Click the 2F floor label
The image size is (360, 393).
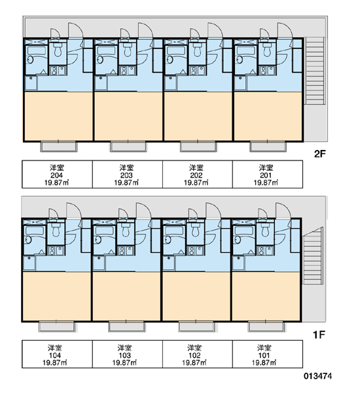[x=319, y=154]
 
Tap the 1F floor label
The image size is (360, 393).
[x=319, y=334]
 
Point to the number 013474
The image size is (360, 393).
[x=317, y=376]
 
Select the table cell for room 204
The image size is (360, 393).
[x=58, y=174]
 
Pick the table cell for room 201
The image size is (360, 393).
[x=268, y=174]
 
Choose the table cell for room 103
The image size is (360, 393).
[x=128, y=354]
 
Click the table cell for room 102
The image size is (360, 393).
[x=198, y=354]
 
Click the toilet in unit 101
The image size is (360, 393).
[x=266, y=230]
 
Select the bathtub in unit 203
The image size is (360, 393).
[x=106, y=50]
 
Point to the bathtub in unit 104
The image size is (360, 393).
[x=35, y=231]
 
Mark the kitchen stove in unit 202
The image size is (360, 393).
[x=193, y=71]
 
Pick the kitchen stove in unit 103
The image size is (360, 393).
[x=122, y=251]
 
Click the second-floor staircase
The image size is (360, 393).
[x=315, y=71]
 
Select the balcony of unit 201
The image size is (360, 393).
[x=268, y=147]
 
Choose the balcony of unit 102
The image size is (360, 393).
[x=196, y=327]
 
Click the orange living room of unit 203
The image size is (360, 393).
[x=128, y=116]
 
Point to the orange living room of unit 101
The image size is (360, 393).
[x=266, y=296]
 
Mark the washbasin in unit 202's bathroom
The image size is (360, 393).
[x=170, y=60]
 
